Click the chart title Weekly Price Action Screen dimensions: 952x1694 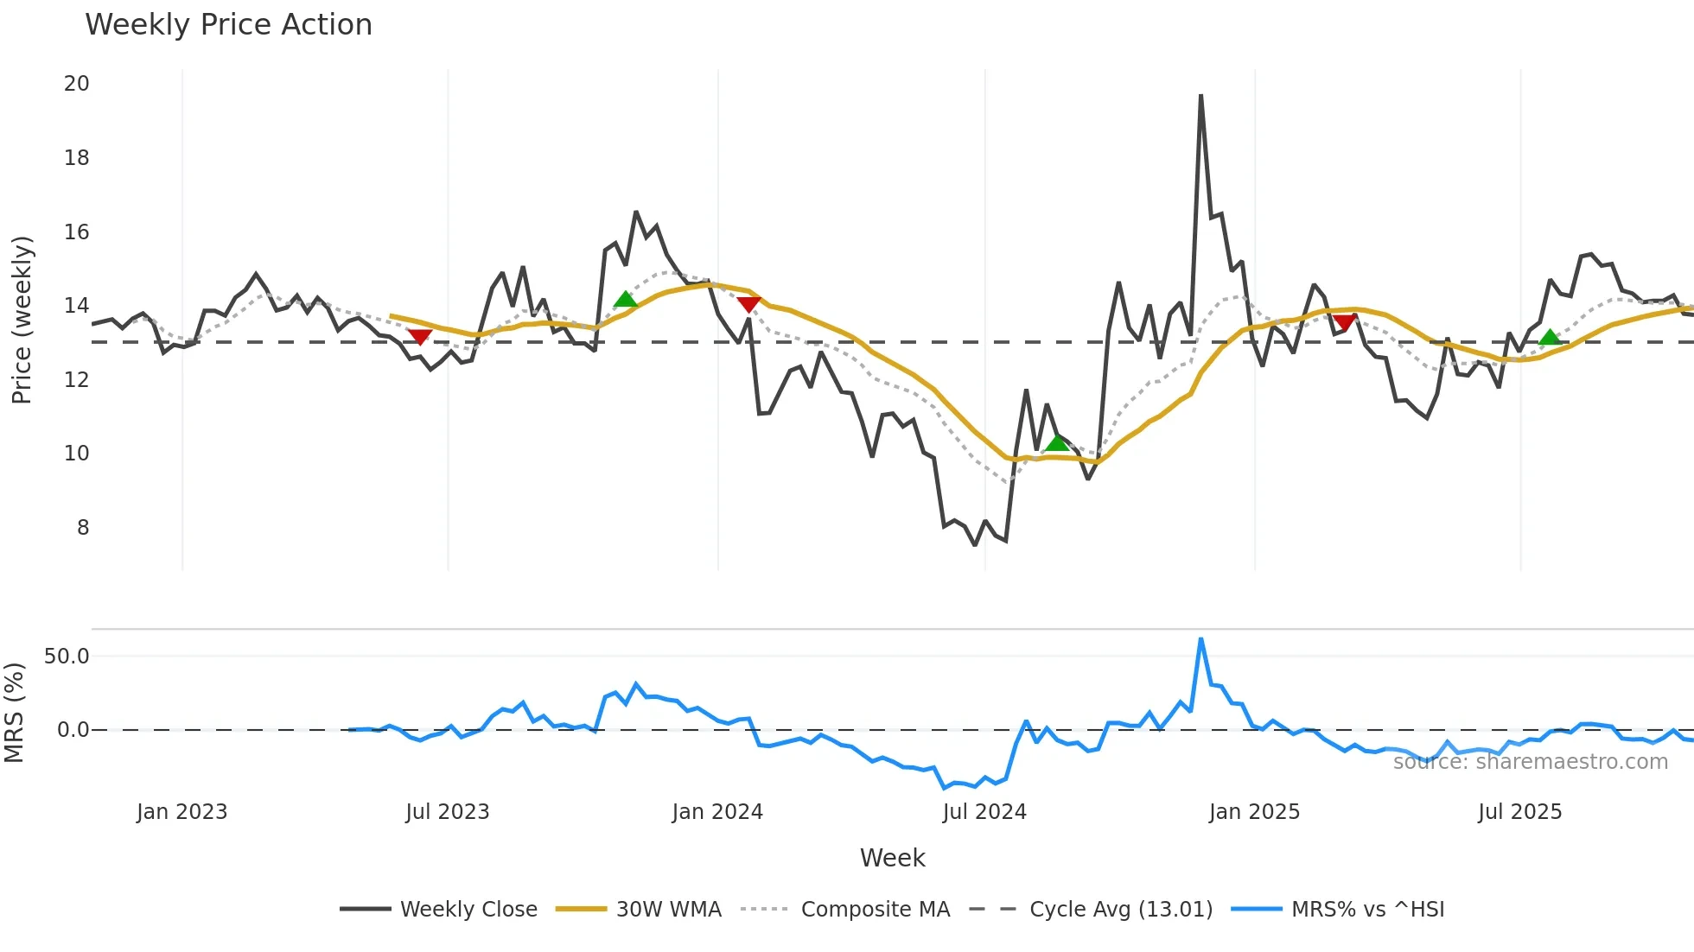(228, 25)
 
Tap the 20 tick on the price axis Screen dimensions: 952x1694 (77, 84)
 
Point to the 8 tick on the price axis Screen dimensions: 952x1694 (82, 528)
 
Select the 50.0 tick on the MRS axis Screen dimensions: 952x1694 (67, 657)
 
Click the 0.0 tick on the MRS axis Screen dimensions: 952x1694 (73, 730)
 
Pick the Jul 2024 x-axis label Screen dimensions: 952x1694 (984, 812)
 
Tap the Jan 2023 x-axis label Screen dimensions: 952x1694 (181, 812)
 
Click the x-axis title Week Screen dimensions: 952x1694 (892, 858)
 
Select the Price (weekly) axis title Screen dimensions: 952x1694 (22, 320)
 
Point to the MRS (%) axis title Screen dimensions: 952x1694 (14, 713)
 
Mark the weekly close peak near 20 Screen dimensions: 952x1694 (1200, 96)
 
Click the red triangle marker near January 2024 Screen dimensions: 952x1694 (748, 303)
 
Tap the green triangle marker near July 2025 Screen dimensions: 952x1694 (1550, 337)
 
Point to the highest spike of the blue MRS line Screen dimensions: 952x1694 (1200, 639)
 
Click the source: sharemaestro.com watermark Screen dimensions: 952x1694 (1530, 762)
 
